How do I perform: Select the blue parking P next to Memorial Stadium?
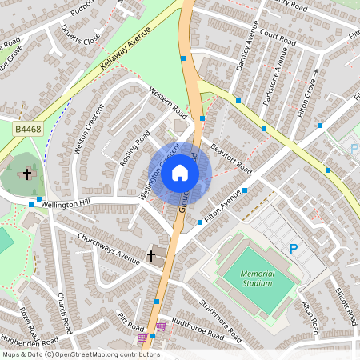point(294,250)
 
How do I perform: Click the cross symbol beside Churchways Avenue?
point(150,256)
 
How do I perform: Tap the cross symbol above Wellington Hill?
point(27,173)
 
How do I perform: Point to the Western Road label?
point(168,104)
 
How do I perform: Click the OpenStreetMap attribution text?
point(80,354)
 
